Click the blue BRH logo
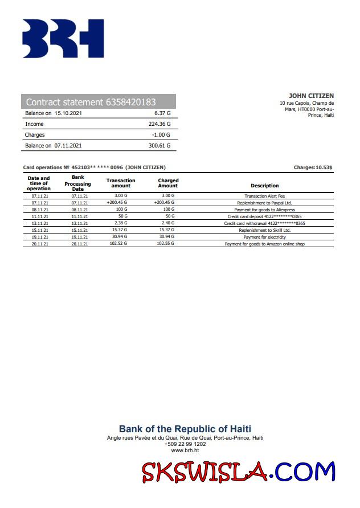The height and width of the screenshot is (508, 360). pos(63,39)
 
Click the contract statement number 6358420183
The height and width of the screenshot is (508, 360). pos(130,103)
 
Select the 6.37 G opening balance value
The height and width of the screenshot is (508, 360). pos(162,113)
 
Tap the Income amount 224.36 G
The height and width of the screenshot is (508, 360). pos(159,124)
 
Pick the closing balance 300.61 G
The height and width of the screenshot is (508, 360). pos(159,146)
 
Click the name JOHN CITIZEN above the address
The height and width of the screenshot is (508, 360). pos(311,96)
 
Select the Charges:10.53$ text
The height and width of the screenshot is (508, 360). pos(313,167)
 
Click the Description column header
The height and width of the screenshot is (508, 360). pos(264,186)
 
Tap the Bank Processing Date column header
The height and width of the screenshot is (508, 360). pos(77,183)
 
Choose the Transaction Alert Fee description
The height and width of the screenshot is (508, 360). pos(264,196)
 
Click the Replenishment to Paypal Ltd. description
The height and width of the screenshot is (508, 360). pos(264,203)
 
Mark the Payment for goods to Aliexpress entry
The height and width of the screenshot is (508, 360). pos(264,210)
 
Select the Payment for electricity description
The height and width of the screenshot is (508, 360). pos(264,237)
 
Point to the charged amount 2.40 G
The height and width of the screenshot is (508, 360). pos(167,223)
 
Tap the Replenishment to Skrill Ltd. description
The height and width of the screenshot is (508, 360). pos(264,230)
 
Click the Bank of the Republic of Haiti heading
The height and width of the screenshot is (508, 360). pos(185,429)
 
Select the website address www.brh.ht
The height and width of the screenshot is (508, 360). pos(185,450)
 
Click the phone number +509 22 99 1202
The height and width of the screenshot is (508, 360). pos(185,444)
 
